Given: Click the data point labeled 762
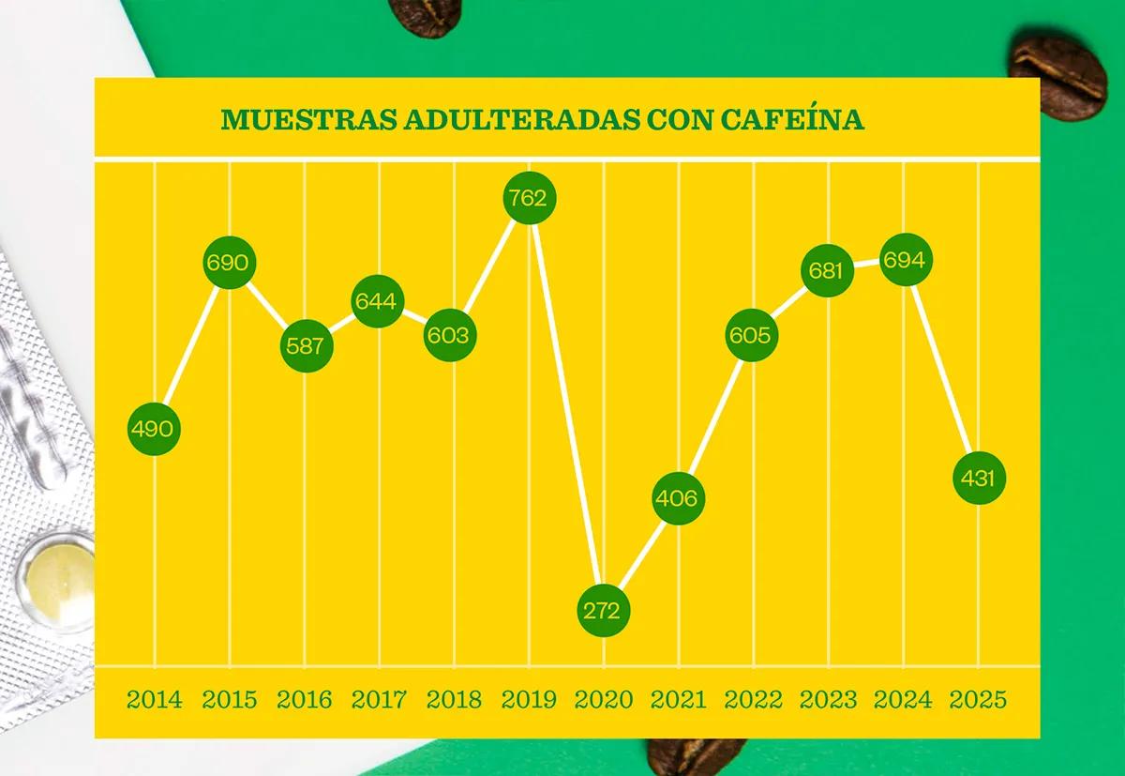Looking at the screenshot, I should point(530,198).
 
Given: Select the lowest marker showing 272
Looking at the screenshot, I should point(603,611).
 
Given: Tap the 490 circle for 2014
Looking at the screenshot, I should point(152,430).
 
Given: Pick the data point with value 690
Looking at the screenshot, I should point(228,263).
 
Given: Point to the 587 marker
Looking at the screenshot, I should point(306,345).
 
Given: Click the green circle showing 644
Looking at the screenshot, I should point(379,301).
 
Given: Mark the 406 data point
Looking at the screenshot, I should point(676,498).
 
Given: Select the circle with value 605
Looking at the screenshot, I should point(752,336).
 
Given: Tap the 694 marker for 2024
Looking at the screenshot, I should point(904,261).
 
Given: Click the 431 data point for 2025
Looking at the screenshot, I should point(979,478).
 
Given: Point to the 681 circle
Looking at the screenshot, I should point(828,271).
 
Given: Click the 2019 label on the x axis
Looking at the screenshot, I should point(530,700).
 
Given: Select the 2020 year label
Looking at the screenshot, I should point(603,700).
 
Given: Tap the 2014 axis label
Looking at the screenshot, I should point(155,700).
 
